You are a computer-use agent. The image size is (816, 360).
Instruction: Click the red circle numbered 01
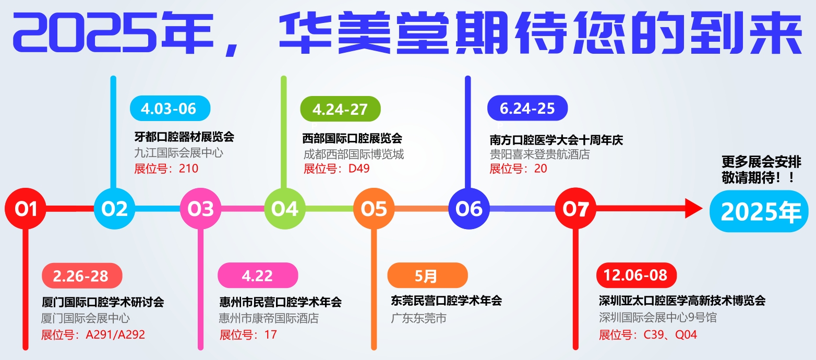pyautogui.click(x=26, y=209)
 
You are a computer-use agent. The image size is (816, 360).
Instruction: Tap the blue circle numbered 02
pyautogui.click(x=114, y=209)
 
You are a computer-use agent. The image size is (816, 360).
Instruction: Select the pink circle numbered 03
pyautogui.click(x=200, y=209)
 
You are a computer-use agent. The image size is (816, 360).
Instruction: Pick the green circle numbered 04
pyautogui.click(x=285, y=209)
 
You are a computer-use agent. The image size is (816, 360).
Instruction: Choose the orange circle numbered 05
pyautogui.click(x=374, y=209)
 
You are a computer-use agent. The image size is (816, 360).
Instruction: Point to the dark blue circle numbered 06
pyautogui.click(x=469, y=209)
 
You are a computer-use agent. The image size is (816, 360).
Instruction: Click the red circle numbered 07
pyautogui.click(x=575, y=209)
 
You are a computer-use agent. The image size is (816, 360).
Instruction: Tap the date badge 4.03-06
pyautogui.click(x=170, y=108)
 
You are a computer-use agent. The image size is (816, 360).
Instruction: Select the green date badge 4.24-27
pyautogui.click(x=340, y=109)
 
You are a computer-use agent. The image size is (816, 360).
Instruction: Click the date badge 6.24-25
pyautogui.click(x=527, y=108)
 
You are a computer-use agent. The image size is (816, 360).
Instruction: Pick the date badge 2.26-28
pyautogui.click(x=82, y=276)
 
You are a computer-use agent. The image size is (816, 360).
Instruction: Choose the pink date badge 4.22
pyautogui.click(x=258, y=275)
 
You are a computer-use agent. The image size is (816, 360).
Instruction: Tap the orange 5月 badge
pyautogui.click(x=427, y=275)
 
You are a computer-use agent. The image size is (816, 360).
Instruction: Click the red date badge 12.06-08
pyautogui.click(x=637, y=275)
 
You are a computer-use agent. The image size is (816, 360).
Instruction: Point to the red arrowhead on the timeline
pyautogui.click(x=693, y=208)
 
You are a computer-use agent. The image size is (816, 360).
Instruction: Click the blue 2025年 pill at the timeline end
pyautogui.click(x=759, y=211)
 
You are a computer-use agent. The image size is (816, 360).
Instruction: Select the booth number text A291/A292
pyautogui.click(x=115, y=334)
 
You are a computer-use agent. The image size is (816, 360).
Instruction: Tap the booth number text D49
pyautogui.click(x=359, y=169)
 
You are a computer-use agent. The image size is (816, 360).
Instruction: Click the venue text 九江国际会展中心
pyautogui.click(x=178, y=153)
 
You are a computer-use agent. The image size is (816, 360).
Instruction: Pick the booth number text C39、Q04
pyautogui.click(x=670, y=334)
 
